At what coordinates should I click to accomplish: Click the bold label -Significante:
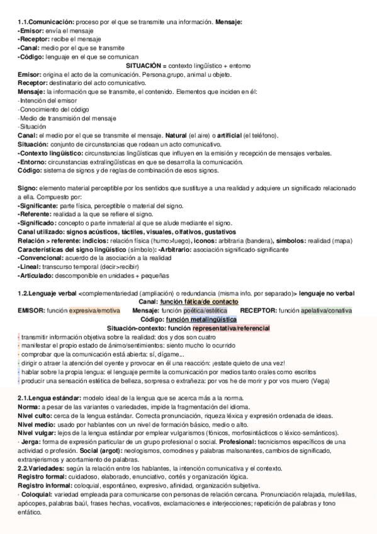pos(38,205)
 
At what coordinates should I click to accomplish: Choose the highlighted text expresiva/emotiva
pos(94,310)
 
